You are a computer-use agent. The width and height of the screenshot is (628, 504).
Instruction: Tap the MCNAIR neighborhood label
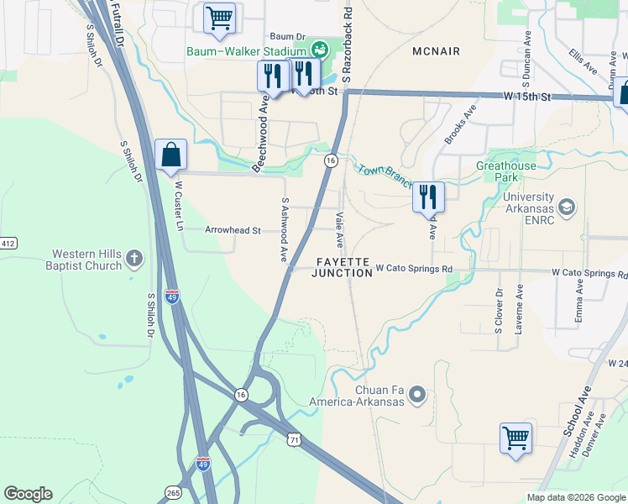pos(437,51)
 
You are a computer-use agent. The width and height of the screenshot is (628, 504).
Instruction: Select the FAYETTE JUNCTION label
pos(342,268)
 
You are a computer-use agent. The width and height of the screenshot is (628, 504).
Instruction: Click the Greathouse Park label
pos(506,171)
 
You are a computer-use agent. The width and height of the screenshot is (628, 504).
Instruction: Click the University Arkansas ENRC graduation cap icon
pos(568,207)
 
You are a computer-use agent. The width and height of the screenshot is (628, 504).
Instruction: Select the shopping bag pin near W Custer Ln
pos(171,155)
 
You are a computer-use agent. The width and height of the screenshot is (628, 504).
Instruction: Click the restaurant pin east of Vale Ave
pos(428,197)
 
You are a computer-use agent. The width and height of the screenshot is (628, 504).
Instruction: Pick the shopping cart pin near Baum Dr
pos(219,18)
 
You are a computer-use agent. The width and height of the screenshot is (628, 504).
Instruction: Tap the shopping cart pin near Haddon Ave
pos(515,438)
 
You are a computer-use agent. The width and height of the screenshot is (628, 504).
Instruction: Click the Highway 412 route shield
pos(8,244)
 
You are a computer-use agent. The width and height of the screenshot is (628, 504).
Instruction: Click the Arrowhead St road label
pos(233,229)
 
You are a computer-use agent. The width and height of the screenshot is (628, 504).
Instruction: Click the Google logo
pos(28,494)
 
